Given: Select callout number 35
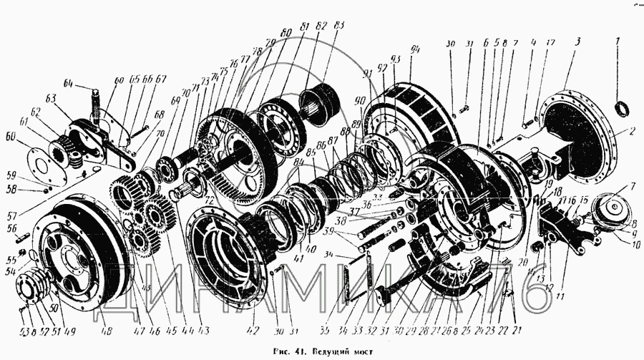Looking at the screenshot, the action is pos(326,331).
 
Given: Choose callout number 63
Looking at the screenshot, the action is pos(52,97).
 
